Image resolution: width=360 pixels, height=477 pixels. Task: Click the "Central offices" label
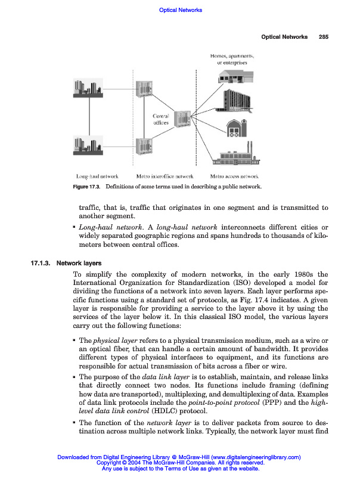(161, 119)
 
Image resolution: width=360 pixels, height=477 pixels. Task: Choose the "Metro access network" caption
(234, 177)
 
